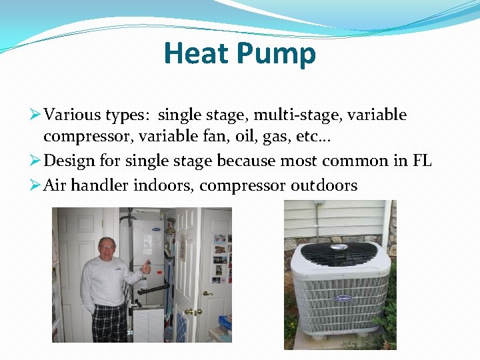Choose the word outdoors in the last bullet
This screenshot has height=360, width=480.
tap(324, 185)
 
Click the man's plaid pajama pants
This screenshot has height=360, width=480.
tap(109, 323)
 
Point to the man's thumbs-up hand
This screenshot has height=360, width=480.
tap(145, 267)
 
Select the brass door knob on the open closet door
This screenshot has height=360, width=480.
tap(190, 311)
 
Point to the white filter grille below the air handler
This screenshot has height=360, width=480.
tap(148, 324)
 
